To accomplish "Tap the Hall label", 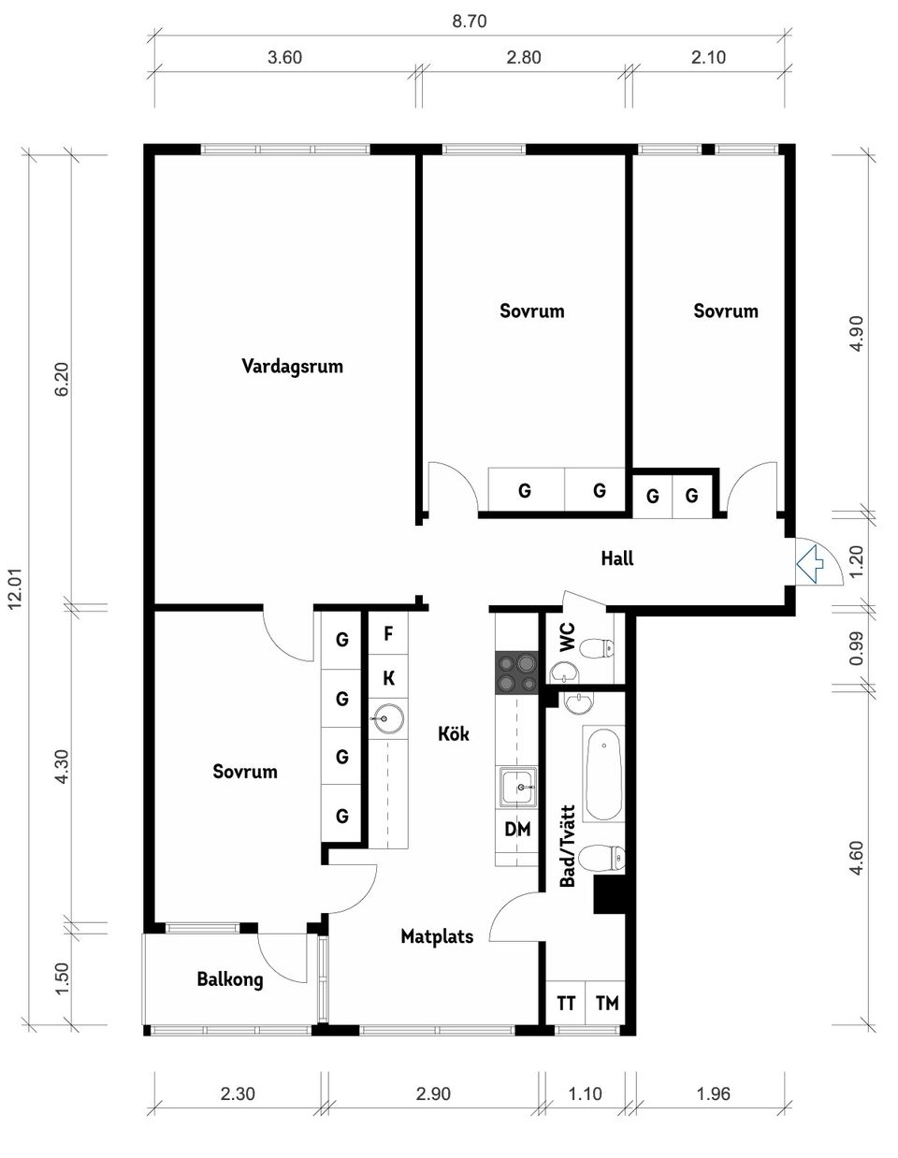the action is (617, 558).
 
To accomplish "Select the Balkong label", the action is (230, 979).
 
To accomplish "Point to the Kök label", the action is (454, 734).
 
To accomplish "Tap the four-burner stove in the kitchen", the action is (517, 673).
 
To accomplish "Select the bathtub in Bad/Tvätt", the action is (603, 773).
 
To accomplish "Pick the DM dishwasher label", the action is (517, 829).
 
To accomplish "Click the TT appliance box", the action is (566, 1003).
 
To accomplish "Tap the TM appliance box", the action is (606, 1003).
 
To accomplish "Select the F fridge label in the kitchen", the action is (388, 633).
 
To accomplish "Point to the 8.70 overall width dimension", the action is (470, 22).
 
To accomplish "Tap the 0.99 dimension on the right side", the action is (856, 648).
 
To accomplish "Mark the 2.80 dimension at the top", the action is (523, 57).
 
